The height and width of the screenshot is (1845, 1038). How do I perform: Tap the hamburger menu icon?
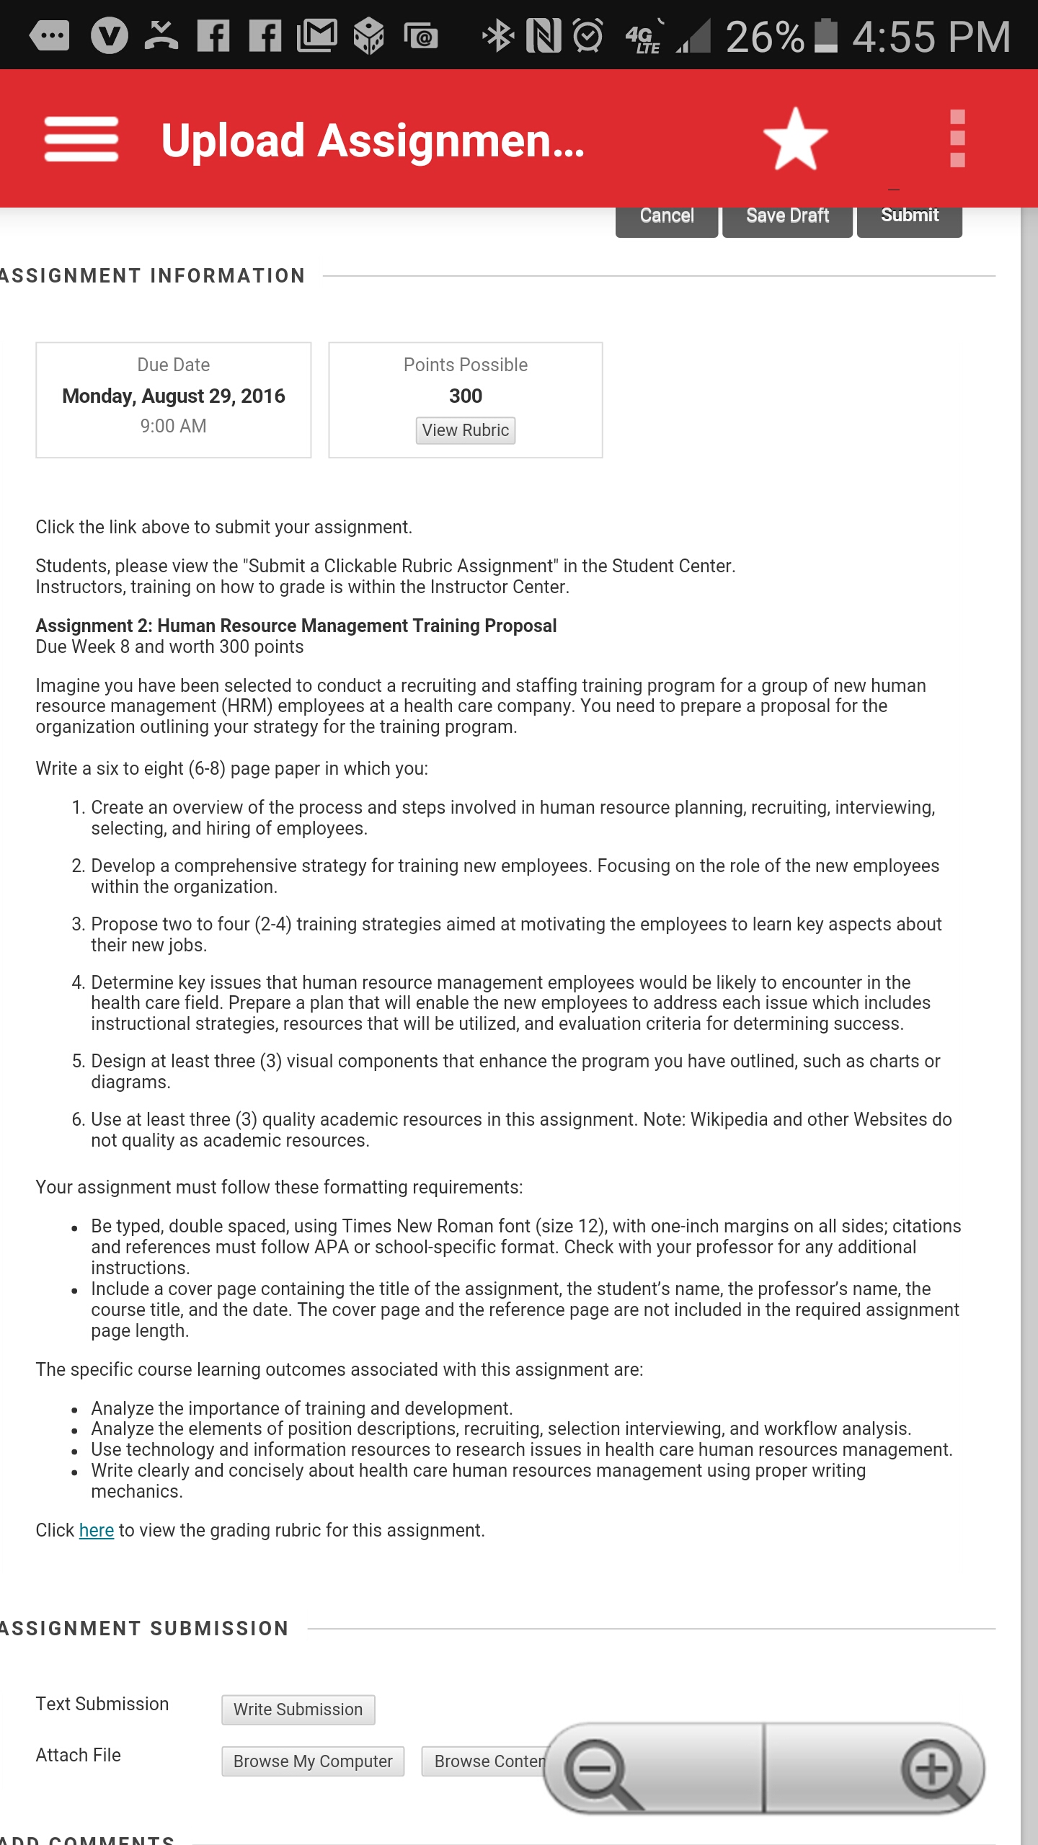pyautogui.click(x=81, y=139)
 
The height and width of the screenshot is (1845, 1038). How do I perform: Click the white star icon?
pyautogui.click(x=795, y=139)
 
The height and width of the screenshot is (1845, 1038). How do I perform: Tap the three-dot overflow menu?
pyautogui.click(x=957, y=139)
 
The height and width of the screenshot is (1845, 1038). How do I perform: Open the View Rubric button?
pyautogui.click(x=466, y=430)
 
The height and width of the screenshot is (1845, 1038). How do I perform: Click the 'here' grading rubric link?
pyautogui.click(x=97, y=1530)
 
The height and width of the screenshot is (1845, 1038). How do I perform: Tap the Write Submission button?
pyautogui.click(x=298, y=1710)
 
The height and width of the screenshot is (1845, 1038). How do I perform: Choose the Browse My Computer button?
pyautogui.click(x=313, y=1761)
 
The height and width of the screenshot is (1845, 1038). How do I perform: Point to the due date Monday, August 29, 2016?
pyautogui.click(x=174, y=396)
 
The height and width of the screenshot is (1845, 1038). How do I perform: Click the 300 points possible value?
pyautogui.click(x=466, y=396)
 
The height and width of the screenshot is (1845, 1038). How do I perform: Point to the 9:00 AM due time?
pyautogui.click(x=174, y=426)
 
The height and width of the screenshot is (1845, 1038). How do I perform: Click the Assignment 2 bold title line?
pyautogui.click(x=296, y=626)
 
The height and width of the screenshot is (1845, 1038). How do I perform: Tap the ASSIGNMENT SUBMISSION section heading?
pyautogui.click(x=144, y=1629)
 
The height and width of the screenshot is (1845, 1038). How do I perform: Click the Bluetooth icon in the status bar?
pyautogui.click(x=497, y=36)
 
